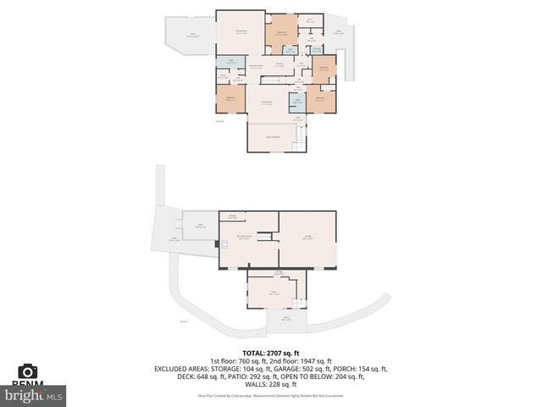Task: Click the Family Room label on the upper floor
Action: pos(241,31)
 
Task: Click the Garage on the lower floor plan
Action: pos(307,238)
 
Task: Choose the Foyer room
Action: pos(274,293)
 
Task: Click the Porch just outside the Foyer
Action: pos(285,320)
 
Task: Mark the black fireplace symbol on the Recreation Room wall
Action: pos(218,244)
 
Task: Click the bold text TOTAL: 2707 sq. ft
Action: pos(271,353)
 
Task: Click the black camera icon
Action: pos(27,371)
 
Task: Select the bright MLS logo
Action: pos(34,395)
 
